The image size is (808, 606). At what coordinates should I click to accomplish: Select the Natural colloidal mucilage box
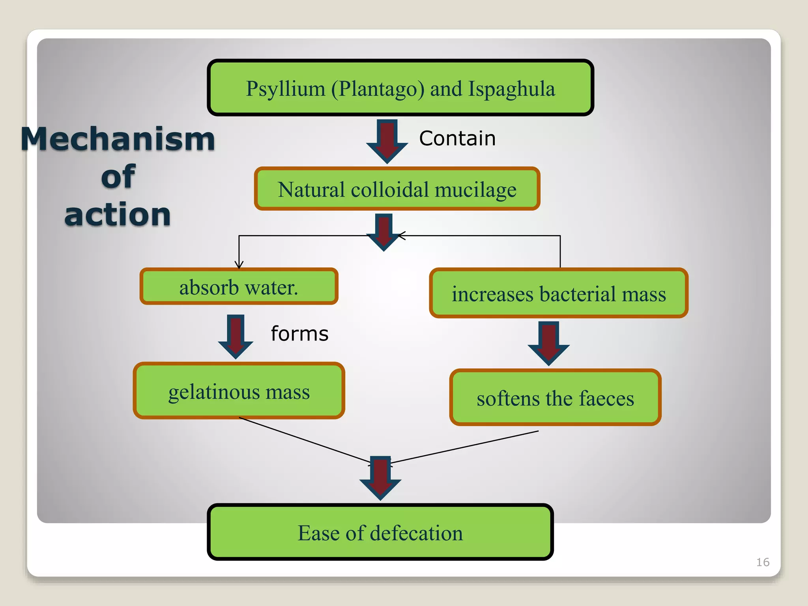pyautogui.click(x=397, y=189)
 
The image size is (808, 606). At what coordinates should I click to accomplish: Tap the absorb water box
pyautogui.click(x=239, y=287)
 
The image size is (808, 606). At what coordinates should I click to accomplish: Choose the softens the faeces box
pyautogui.click(x=555, y=398)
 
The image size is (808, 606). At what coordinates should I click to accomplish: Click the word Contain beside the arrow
pyautogui.click(x=457, y=138)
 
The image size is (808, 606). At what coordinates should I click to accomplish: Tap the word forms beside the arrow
pyautogui.click(x=299, y=334)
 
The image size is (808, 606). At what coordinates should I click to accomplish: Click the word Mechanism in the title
pyautogui.click(x=118, y=139)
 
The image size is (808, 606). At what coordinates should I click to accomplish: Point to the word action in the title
pyautogui.click(x=118, y=215)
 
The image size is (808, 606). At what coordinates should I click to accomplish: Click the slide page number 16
pyautogui.click(x=762, y=562)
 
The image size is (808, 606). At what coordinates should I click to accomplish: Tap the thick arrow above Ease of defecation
pyautogui.click(x=380, y=478)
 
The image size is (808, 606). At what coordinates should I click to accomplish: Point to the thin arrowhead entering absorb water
pyautogui.click(x=239, y=265)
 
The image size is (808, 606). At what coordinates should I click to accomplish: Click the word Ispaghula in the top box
pyautogui.click(x=511, y=89)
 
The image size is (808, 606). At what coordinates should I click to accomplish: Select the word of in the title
pyautogui.click(x=118, y=177)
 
